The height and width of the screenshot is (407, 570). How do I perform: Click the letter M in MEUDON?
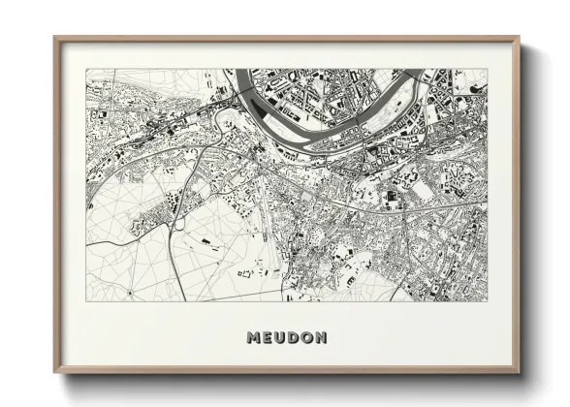[254, 337]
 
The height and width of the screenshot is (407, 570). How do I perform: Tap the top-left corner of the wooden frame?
[55, 39]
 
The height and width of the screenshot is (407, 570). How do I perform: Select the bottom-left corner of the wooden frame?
[55, 371]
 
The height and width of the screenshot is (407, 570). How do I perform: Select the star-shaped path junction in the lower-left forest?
[130, 292]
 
